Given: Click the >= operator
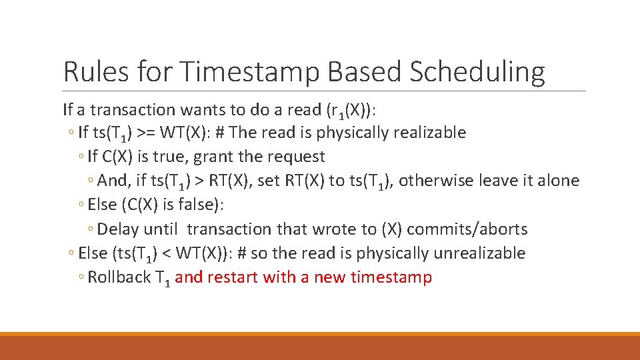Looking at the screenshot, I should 147,133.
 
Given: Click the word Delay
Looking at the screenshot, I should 117,229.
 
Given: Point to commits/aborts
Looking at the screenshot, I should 467,229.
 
